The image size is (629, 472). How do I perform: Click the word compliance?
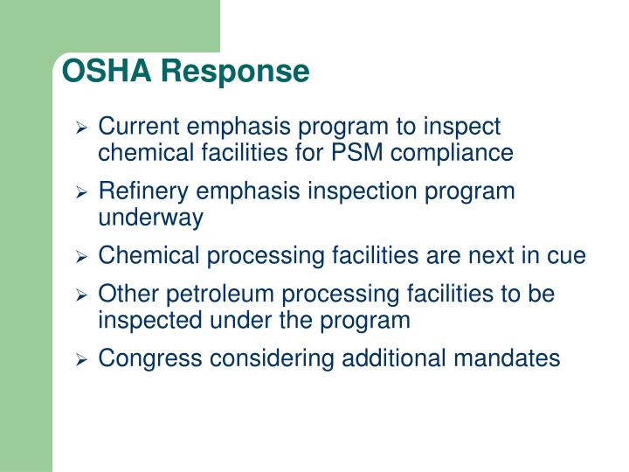tap(452, 153)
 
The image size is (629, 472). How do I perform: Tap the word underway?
tap(150, 218)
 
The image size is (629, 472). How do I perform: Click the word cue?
tap(569, 256)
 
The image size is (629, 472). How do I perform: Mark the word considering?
tap(260, 358)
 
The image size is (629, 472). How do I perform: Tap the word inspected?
tap(150, 320)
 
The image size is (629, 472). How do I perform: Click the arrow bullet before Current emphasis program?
tap(82, 128)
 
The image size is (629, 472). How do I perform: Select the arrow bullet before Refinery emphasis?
tap(82, 192)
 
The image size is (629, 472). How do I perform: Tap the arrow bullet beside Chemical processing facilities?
tap(82, 257)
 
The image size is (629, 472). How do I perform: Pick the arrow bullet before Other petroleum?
tap(82, 295)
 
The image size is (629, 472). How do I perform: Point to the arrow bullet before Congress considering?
tap(82, 359)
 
